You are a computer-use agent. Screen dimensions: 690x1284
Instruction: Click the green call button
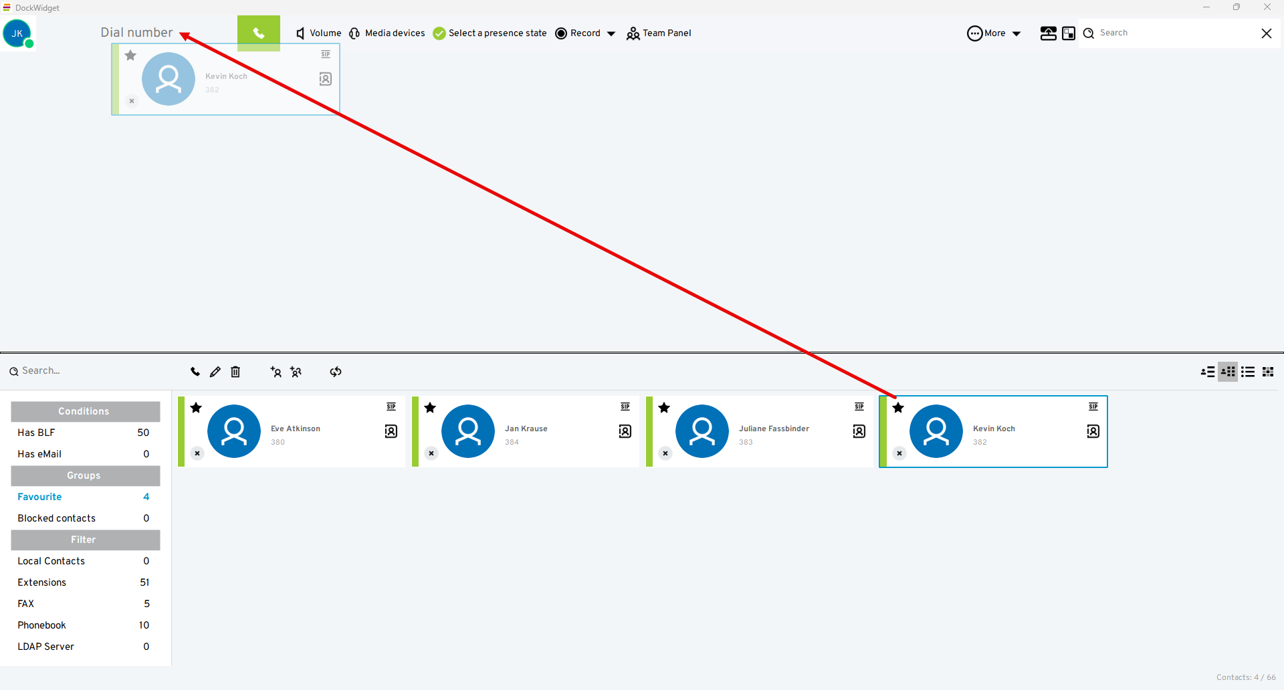(258, 33)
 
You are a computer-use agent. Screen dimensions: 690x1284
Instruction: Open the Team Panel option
(659, 33)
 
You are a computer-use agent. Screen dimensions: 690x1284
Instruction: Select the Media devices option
(387, 33)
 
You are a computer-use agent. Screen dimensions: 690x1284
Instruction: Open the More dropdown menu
(994, 33)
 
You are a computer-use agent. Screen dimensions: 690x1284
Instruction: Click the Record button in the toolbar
(578, 33)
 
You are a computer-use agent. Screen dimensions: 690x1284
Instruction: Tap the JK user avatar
(17, 33)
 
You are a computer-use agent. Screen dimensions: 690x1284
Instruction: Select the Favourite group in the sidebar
(40, 497)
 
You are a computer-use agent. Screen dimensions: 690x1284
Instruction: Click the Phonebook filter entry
(42, 625)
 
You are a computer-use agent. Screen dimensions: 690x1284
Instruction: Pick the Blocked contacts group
(57, 518)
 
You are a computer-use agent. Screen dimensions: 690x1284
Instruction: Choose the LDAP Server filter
(46, 647)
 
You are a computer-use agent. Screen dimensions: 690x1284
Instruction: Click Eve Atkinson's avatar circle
(234, 431)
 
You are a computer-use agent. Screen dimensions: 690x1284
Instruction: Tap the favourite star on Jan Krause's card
(430, 408)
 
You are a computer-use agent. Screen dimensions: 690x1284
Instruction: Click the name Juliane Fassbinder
(774, 429)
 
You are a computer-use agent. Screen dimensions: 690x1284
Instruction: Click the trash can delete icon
(235, 372)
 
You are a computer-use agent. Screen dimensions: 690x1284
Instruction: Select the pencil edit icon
(215, 372)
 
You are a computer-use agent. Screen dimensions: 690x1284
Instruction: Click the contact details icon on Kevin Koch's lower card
(1093, 431)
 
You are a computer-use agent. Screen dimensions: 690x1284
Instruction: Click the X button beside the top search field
(1266, 33)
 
